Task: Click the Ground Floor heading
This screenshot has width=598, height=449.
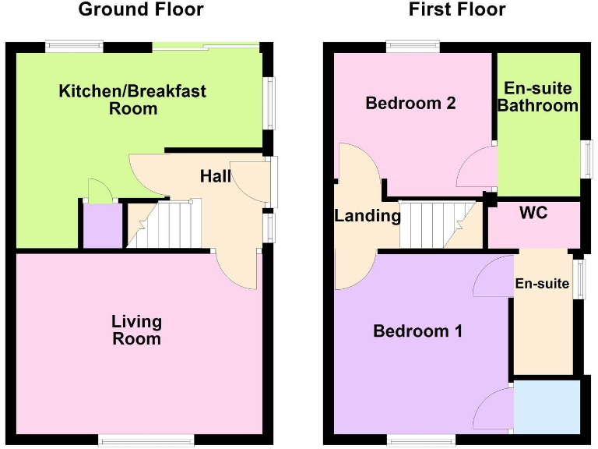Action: (x=141, y=10)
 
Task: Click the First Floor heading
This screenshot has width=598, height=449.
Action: (x=457, y=10)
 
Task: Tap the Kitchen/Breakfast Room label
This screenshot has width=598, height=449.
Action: (x=132, y=100)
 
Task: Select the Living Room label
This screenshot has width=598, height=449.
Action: (x=136, y=330)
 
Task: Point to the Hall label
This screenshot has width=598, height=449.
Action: (x=215, y=177)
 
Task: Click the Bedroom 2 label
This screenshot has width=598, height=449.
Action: (x=410, y=103)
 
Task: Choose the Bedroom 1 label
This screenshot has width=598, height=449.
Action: (x=418, y=331)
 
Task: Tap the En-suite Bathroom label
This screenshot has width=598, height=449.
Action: (x=538, y=97)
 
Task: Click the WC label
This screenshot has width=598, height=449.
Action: (x=533, y=213)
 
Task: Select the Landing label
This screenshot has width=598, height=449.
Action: (x=367, y=216)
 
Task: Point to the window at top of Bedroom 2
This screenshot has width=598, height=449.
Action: (x=413, y=47)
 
